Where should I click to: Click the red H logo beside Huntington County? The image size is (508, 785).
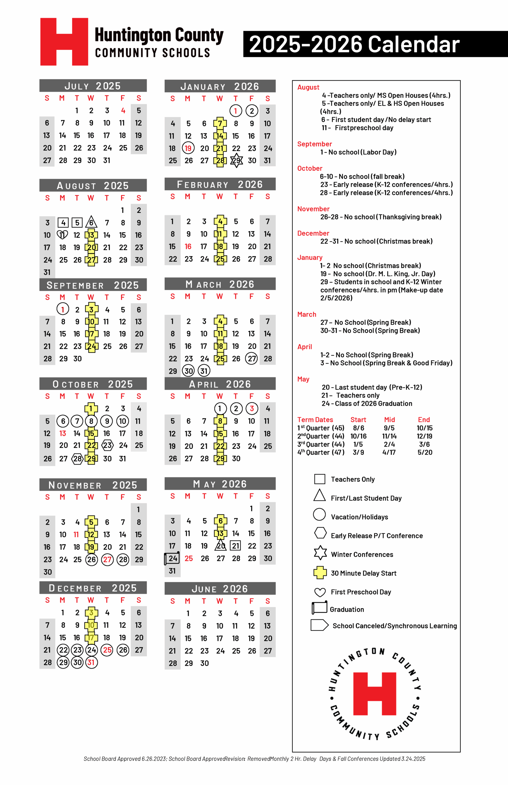pos(64,42)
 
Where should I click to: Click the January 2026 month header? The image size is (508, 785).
pos(220,86)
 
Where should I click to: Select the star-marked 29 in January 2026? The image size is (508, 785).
pos(236,161)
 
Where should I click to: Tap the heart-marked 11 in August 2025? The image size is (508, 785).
pos(62,235)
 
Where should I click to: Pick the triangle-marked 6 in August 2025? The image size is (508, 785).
pos(91,222)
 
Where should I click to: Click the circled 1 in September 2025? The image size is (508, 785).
pos(63,309)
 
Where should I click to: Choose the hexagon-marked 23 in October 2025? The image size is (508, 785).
pos(107,446)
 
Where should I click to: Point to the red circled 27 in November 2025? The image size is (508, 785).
pos(107,559)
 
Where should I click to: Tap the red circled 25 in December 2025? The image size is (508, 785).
pos(107,650)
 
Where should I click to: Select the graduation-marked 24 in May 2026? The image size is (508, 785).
pos(173,558)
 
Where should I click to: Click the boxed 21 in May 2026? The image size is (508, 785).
pos(235,546)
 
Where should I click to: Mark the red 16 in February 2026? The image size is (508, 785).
pos(188,246)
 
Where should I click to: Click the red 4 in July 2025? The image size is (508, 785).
pos(123,110)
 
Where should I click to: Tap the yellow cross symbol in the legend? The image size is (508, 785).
pos(320,573)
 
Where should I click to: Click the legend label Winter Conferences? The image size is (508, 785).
pos(362,554)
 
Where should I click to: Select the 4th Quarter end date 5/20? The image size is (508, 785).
pos(425,452)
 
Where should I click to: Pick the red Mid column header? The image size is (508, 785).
pos(389,419)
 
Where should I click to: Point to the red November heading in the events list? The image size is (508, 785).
pos(313,209)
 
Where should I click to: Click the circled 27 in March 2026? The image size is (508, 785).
pos(252,358)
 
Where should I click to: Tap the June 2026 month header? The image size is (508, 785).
pos(220,589)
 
